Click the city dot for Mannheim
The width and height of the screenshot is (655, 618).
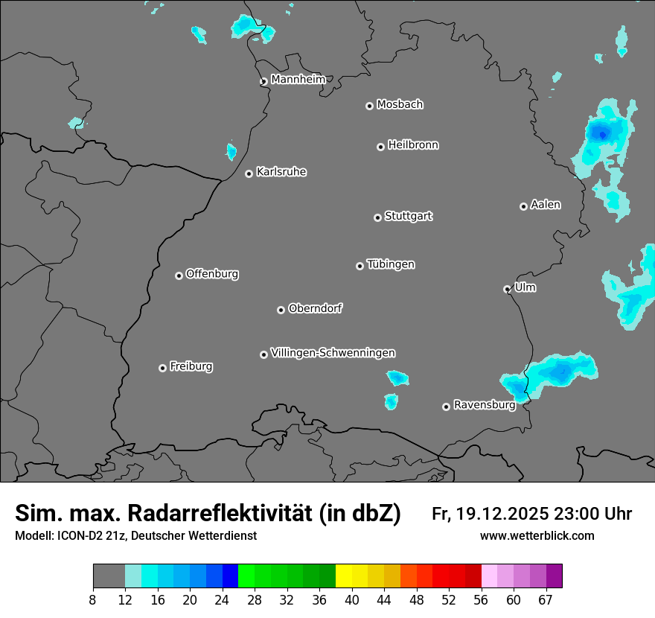pyautogui.click(x=263, y=82)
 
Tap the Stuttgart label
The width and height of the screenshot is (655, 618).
pyautogui.click(x=408, y=216)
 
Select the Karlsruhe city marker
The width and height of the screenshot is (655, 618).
pyautogui.click(x=249, y=173)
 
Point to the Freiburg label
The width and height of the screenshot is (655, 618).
pyautogui.click(x=191, y=366)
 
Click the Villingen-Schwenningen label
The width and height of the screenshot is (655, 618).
pyautogui.click(x=333, y=353)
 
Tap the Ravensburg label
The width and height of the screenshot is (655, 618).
pyautogui.click(x=484, y=405)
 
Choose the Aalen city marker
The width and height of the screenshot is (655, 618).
pyautogui.click(x=524, y=206)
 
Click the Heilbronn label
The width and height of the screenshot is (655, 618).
pyautogui.click(x=413, y=145)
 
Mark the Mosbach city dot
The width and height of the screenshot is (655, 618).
pyautogui.click(x=369, y=106)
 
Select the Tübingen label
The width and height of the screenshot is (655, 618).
pyautogui.click(x=391, y=264)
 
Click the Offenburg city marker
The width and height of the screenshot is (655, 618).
pyautogui.click(x=179, y=275)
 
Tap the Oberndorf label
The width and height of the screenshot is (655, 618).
pyautogui.click(x=315, y=308)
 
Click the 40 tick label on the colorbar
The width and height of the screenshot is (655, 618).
pyautogui.click(x=351, y=599)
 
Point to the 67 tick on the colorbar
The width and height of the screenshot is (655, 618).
pyautogui.click(x=546, y=599)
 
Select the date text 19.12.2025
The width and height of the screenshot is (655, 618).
pyautogui.click(x=502, y=514)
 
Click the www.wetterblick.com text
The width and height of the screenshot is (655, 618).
pyautogui.click(x=537, y=535)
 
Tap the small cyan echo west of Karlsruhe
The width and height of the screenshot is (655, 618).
pyautogui.click(x=231, y=152)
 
